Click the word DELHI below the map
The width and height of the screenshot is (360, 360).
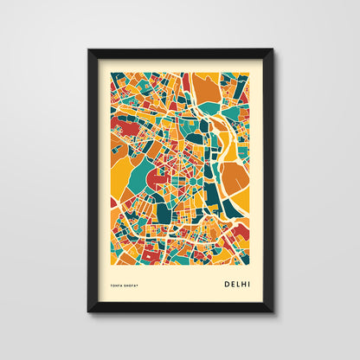coord(239,282)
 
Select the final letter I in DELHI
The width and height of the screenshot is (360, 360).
coord(252,282)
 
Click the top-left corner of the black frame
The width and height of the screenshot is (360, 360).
coord(89,50)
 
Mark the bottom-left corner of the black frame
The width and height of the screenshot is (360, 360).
coord(89,311)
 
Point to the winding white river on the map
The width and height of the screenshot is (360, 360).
coord(221,156)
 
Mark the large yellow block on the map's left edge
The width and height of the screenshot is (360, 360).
coord(119,169)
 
